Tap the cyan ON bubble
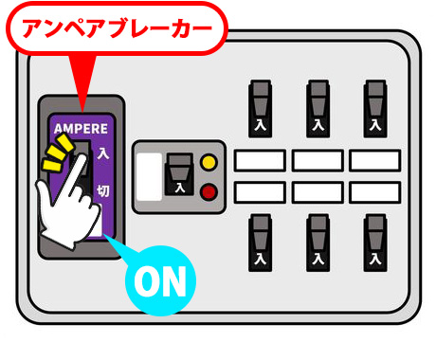pyautogui.click(x=161, y=280)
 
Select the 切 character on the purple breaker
pyautogui.click(x=101, y=191)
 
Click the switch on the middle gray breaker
pyautogui.click(x=176, y=176)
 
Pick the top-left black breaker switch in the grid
pyautogui.click(x=261, y=107)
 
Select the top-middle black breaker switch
pyautogui.click(x=318, y=107)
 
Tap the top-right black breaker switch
pyautogui.click(x=375, y=107)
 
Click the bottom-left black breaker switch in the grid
pyautogui.click(x=261, y=242)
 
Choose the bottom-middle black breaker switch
pyautogui.click(x=318, y=242)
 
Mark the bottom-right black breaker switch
pyautogui.click(x=375, y=242)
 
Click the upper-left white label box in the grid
pyautogui.click(x=260, y=160)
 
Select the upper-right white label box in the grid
pyautogui.click(x=374, y=160)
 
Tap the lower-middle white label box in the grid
pyautogui.click(x=318, y=192)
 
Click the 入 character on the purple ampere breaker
pyautogui.click(x=101, y=152)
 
